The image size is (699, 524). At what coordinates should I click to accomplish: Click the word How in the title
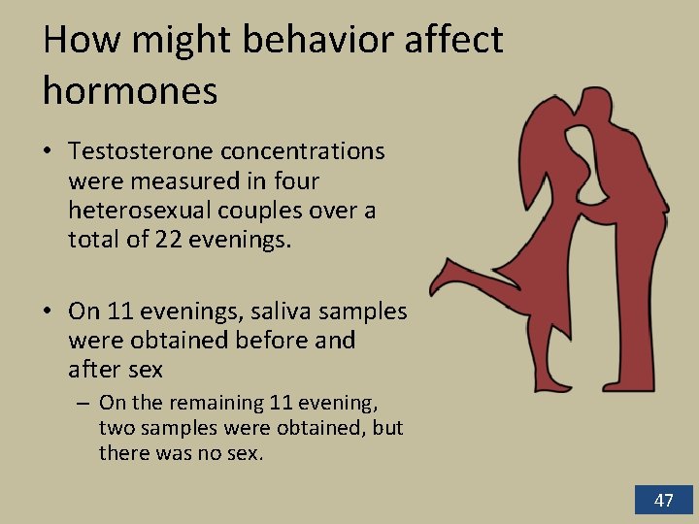click(x=75, y=41)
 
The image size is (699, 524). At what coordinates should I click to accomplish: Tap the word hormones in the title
click(x=130, y=90)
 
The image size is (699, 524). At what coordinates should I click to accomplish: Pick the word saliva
click(x=275, y=311)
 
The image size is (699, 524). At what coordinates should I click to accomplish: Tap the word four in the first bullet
click(x=296, y=181)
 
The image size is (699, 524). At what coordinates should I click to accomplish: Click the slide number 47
click(x=663, y=501)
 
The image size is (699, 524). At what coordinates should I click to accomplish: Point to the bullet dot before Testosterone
click(x=48, y=152)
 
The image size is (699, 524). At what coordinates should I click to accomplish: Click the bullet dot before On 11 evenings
click(x=48, y=311)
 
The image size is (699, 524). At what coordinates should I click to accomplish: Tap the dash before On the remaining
click(x=84, y=403)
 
